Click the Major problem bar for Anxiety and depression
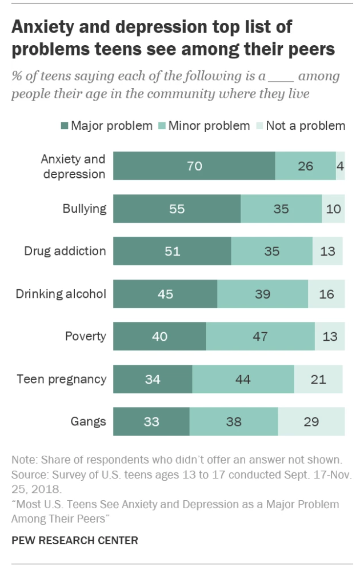[194, 166]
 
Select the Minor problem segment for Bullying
[281, 209]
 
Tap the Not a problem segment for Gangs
[311, 422]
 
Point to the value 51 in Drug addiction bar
[173, 252]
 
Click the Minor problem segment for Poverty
[260, 336]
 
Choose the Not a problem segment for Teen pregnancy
[318, 379]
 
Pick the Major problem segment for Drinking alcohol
[165, 294]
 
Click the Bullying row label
[85, 209]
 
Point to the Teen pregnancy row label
[62, 379]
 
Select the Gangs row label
[89, 422]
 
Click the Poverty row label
[86, 336]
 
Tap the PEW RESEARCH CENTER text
[74, 540]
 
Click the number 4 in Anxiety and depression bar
[340, 166]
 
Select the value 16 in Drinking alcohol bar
[326, 294]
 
